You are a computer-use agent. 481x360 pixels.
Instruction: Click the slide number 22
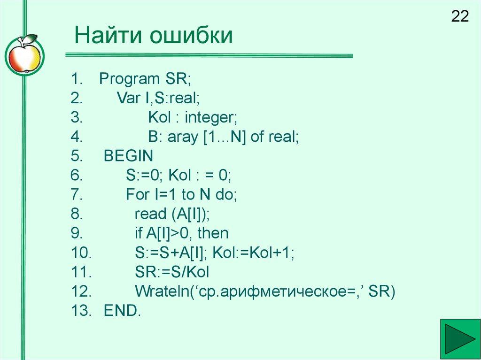460,17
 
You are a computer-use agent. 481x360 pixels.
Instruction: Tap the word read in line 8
147,214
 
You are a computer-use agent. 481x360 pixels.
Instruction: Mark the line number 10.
81,253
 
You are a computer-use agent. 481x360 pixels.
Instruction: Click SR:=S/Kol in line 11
172,272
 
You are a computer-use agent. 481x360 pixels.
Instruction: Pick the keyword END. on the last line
122,311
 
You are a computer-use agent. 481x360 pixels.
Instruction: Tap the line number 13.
81,311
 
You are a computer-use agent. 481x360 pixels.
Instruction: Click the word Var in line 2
128,98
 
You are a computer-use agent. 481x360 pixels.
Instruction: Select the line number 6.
77,176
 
